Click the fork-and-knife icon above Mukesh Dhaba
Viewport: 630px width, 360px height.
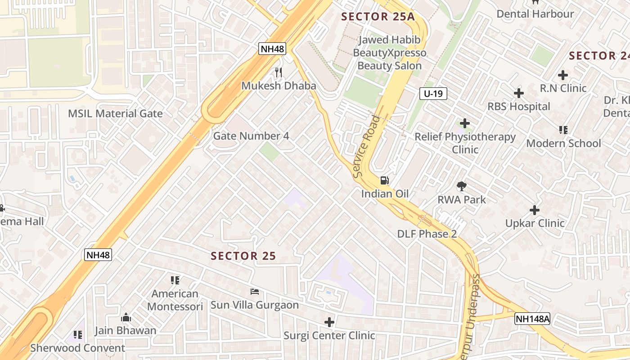tap(279, 72)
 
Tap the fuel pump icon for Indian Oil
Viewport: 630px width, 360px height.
tap(385, 180)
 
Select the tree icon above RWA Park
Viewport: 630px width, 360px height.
tap(461, 186)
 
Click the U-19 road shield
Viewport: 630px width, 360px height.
tap(433, 94)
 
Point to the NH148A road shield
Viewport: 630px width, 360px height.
tap(533, 319)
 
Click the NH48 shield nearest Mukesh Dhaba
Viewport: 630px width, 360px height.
tap(272, 49)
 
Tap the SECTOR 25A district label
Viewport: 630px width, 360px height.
tap(378, 17)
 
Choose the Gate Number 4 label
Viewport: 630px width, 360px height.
tap(251, 136)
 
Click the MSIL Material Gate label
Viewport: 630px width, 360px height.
tap(115, 113)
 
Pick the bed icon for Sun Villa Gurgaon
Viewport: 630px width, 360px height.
tap(255, 292)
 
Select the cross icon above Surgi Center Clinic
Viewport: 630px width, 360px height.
tap(329, 322)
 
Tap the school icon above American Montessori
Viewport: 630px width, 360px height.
tap(175, 280)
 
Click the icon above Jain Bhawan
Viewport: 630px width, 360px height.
tap(126, 317)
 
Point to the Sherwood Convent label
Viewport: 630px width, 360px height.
tap(77, 348)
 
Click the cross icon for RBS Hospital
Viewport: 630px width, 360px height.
tap(519, 93)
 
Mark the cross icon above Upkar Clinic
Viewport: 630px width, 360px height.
tap(535, 210)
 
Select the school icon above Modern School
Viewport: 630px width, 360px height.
tap(563, 130)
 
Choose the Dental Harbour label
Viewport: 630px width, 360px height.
tap(535, 14)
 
